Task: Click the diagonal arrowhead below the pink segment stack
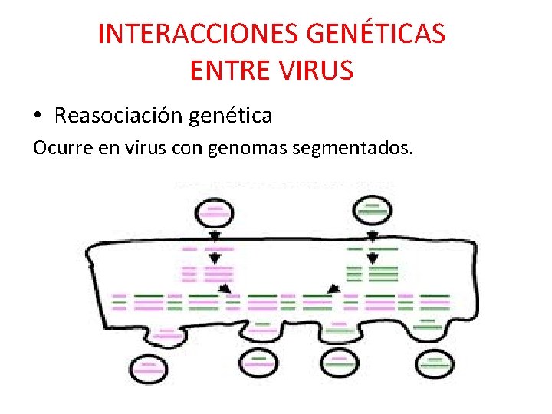(225, 287)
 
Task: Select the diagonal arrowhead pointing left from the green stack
(333, 288)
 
